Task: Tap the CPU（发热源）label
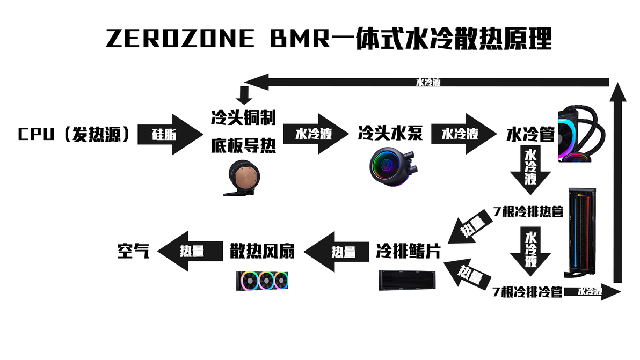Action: click(74, 134)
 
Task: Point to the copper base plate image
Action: click(243, 179)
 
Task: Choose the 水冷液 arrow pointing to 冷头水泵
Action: click(315, 134)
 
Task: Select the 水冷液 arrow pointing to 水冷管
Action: click(461, 134)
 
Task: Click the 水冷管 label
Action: click(530, 134)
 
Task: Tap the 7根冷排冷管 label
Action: click(528, 292)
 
